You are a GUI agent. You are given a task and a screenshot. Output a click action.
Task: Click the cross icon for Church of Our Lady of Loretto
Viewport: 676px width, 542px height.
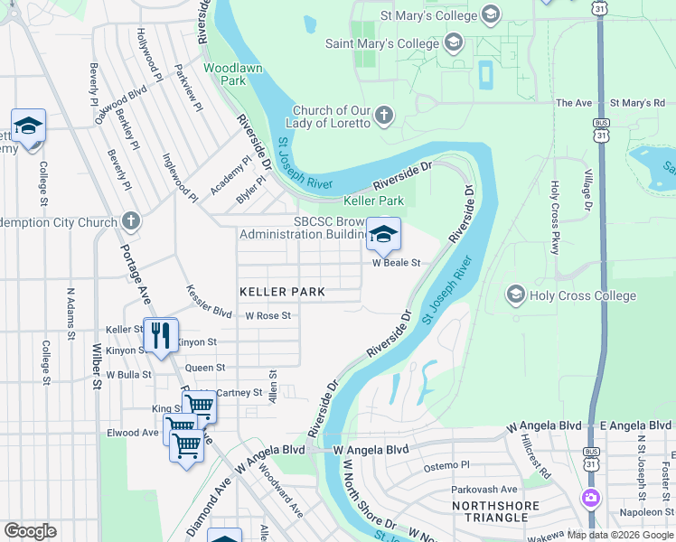pos(384,115)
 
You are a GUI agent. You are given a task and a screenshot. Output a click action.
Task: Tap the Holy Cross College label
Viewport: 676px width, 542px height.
pos(583,295)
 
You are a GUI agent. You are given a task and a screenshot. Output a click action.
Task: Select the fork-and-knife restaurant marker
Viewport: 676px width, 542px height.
pos(161,335)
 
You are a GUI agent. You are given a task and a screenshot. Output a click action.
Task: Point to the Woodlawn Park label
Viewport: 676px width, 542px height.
pos(225,74)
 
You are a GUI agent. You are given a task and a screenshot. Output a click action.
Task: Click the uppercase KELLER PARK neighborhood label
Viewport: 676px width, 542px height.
pos(282,292)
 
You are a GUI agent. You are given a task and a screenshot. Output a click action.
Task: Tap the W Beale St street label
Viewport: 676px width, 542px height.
pos(398,263)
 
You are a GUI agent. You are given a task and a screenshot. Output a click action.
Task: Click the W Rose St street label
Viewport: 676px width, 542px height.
pos(268,316)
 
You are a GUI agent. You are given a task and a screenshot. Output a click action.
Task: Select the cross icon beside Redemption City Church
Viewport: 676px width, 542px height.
pos(131,220)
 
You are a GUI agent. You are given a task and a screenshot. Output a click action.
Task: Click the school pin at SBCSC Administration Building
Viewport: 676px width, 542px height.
pos(383,234)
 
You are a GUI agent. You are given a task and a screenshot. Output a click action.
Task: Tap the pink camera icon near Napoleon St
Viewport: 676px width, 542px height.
pos(591,498)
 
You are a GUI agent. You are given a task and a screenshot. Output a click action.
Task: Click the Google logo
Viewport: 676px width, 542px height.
pos(30,531)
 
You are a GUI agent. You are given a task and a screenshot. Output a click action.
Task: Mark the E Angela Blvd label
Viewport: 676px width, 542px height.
pos(631,425)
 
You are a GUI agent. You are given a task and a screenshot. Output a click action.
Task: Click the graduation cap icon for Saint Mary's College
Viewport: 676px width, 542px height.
pos(452,42)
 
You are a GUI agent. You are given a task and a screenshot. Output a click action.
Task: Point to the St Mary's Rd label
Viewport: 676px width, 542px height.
pos(637,103)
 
